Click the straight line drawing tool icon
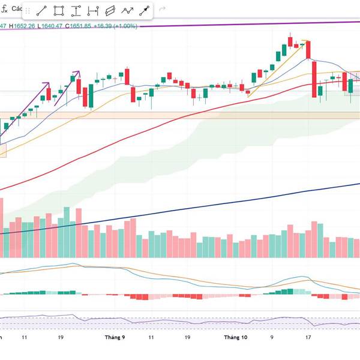42,11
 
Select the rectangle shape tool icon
59,11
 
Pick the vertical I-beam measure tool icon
76,11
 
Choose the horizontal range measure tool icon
93,11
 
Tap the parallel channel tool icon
110,11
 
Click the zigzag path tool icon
127,11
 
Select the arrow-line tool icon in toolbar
145,11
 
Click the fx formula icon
4,10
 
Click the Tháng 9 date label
114,337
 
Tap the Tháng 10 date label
235,337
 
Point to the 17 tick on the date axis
307,337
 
